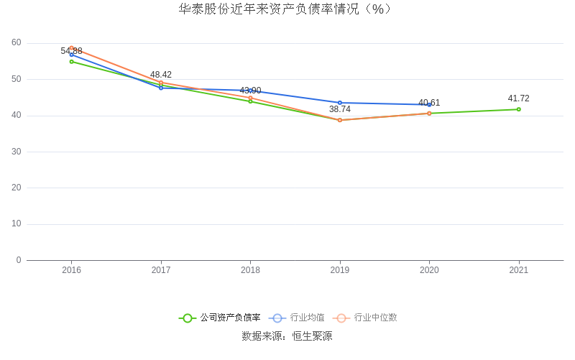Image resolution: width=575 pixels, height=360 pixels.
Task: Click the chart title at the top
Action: (287, 9)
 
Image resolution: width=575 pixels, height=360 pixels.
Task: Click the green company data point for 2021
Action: (518, 109)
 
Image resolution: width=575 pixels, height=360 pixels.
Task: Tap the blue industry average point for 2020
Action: (429, 105)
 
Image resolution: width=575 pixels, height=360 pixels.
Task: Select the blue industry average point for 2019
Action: (340, 103)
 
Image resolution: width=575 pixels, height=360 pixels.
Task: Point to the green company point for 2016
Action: (72, 62)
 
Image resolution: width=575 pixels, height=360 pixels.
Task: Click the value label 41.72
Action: (518, 98)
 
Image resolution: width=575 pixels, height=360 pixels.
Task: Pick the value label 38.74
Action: (340, 109)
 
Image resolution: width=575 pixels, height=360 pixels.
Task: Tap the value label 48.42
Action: (161, 75)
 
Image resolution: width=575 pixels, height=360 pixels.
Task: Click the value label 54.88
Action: (72, 51)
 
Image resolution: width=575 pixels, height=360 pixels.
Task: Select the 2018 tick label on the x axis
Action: (250, 270)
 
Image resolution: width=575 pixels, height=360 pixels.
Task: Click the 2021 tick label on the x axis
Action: (518, 270)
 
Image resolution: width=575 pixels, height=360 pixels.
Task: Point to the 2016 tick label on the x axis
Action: (72, 270)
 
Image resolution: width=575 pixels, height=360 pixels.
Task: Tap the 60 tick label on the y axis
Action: (17, 42)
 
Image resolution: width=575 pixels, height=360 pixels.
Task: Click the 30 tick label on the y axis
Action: (17, 152)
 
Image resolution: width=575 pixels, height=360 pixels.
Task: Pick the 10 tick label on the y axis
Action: (17, 223)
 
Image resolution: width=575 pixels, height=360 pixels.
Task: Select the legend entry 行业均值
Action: (307, 318)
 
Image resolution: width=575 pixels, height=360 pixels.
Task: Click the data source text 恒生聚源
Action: (312, 336)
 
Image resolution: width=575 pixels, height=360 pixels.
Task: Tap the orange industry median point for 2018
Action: (250, 98)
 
